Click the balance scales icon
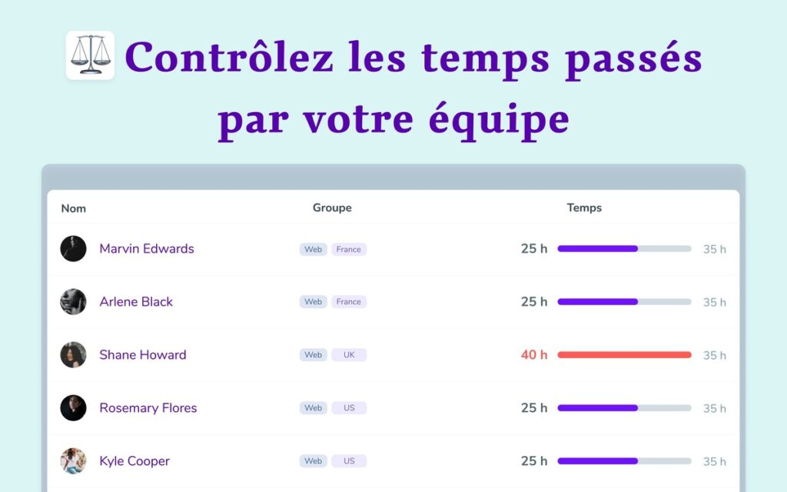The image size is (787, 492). click(91, 55)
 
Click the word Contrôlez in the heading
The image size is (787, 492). click(229, 56)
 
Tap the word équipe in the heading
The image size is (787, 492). click(499, 121)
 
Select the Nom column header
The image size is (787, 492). click(73, 208)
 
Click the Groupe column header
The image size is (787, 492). click(332, 208)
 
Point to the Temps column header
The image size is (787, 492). click(584, 208)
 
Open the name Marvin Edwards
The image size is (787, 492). click(147, 248)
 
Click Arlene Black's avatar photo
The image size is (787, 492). click(73, 301)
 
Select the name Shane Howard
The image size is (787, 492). click(142, 355)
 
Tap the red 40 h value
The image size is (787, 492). click(534, 355)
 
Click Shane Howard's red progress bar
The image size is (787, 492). click(624, 355)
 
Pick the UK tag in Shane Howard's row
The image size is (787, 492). click(349, 355)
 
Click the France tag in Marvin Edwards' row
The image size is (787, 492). click(349, 250)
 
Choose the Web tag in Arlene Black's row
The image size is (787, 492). click(314, 301)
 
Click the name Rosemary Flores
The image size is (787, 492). click(148, 408)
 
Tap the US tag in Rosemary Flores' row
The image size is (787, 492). click(349, 408)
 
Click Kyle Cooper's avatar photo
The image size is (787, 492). click(73, 461)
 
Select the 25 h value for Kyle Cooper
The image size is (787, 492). click(534, 461)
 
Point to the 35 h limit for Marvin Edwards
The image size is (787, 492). click(714, 249)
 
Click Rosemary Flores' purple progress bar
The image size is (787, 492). click(598, 408)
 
